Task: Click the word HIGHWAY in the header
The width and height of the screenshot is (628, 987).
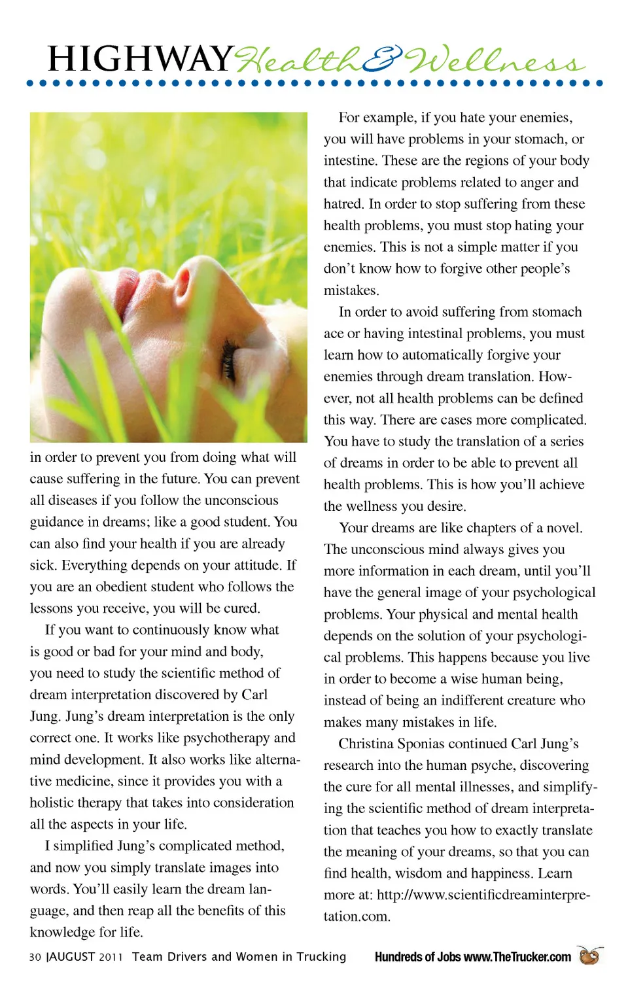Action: point(140,60)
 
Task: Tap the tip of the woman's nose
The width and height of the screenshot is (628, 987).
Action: point(196,269)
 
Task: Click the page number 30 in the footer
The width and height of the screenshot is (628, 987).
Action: point(35,957)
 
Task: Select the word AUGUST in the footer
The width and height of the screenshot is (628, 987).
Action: point(72,957)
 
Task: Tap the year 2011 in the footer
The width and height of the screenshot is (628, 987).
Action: point(111,957)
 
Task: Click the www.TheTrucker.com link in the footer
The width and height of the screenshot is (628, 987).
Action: point(517,957)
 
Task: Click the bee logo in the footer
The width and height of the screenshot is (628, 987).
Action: point(589,956)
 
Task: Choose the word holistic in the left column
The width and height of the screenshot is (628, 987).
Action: point(53,803)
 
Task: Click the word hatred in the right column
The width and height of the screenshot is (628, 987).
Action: point(343,203)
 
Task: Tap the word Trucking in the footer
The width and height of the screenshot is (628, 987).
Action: point(321,957)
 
